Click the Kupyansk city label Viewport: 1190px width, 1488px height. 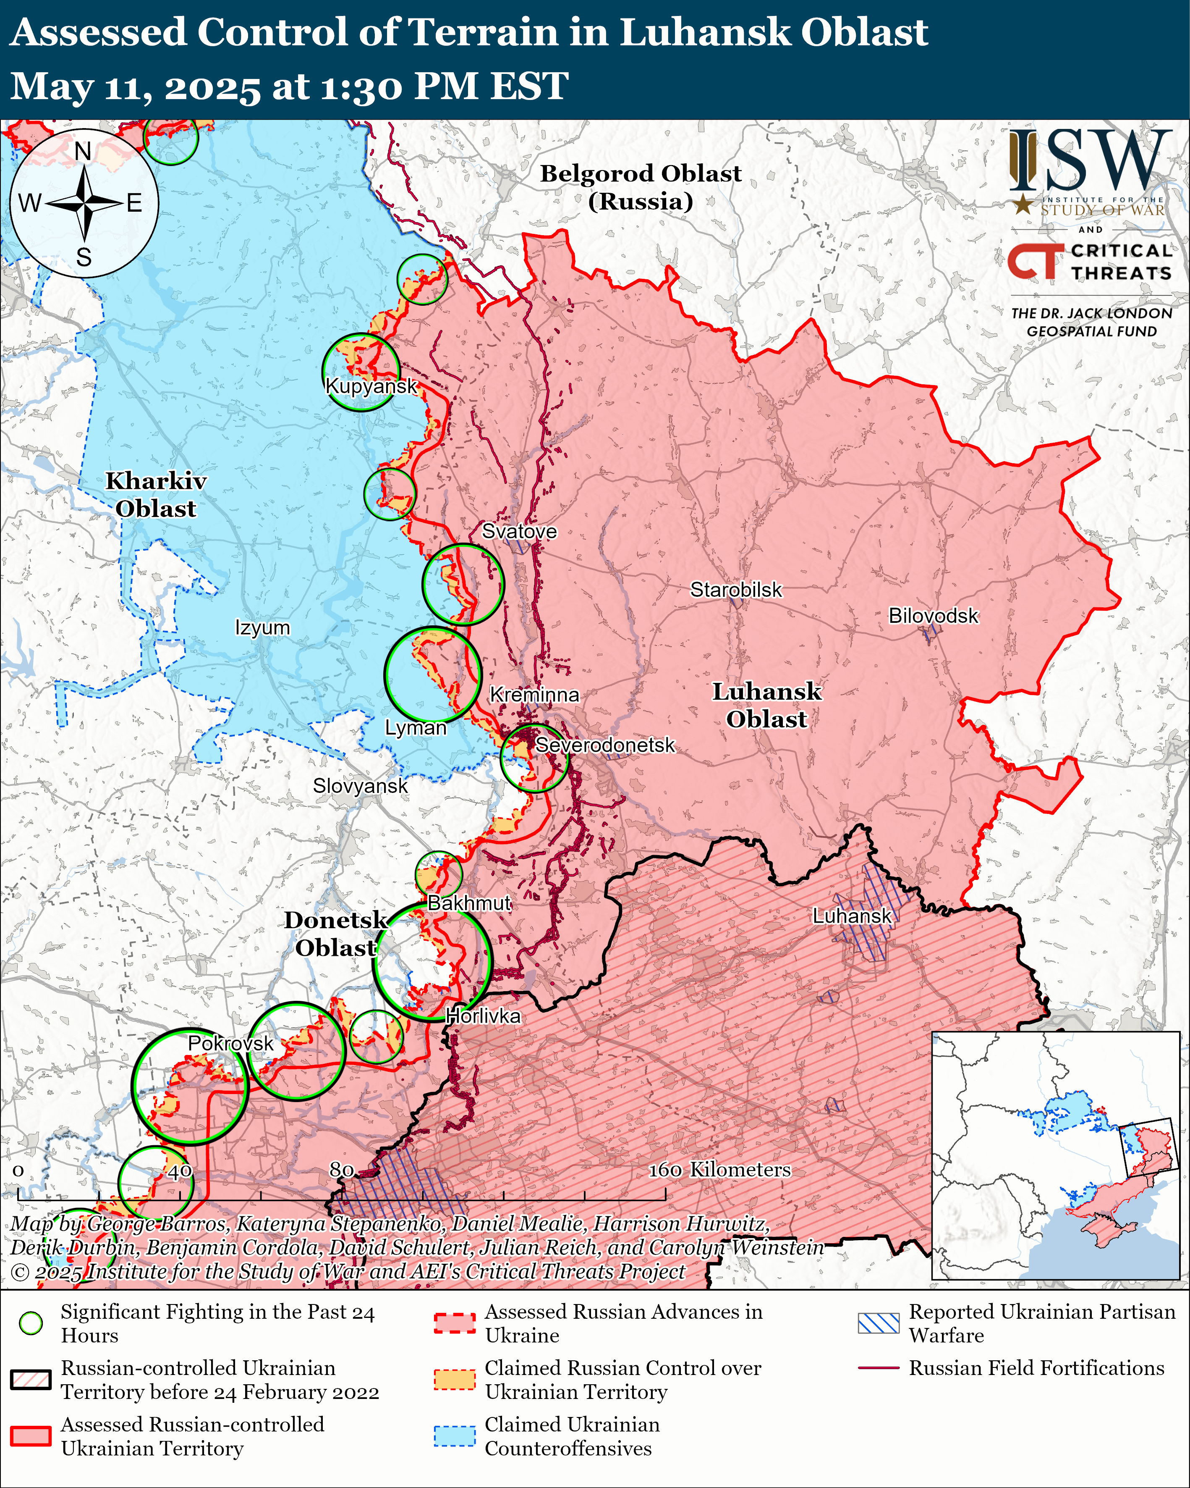(x=371, y=386)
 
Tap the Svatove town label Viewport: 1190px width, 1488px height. (x=519, y=531)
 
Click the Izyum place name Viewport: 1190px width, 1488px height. (x=262, y=627)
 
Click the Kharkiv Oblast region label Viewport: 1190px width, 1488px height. (x=156, y=494)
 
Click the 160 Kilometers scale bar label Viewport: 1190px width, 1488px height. (x=719, y=1169)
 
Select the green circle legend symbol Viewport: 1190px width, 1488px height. (x=30, y=1323)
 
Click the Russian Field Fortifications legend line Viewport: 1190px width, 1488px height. (x=879, y=1367)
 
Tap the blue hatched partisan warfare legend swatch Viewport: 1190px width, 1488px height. (x=879, y=1323)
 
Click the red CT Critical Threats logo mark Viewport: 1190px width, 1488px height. (x=1033, y=262)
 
